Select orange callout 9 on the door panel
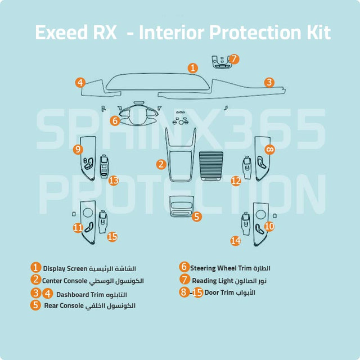click(78, 149)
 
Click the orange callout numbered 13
click(114, 181)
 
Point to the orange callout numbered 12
click(236, 181)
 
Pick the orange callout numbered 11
click(78, 227)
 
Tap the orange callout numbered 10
click(269, 226)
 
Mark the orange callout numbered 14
click(235, 240)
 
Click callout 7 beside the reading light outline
click(234, 58)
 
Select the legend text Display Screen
click(64, 268)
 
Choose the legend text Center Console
click(65, 280)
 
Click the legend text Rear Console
click(64, 305)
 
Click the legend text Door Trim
click(218, 292)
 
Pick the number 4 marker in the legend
click(48, 293)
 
